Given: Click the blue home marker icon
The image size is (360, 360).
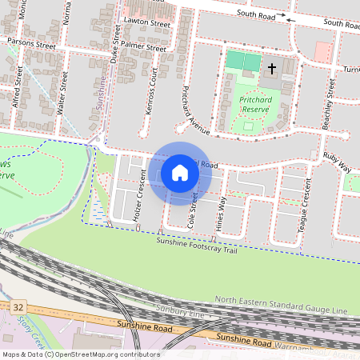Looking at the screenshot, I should (180, 172).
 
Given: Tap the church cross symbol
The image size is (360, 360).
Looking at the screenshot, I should (271, 69).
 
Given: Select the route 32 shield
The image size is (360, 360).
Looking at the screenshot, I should (18, 306).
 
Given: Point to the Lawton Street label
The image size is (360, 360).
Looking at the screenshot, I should (148, 25).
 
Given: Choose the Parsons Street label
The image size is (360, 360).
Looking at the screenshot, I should (30, 43).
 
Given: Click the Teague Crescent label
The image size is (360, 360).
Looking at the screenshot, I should (304, 210).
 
